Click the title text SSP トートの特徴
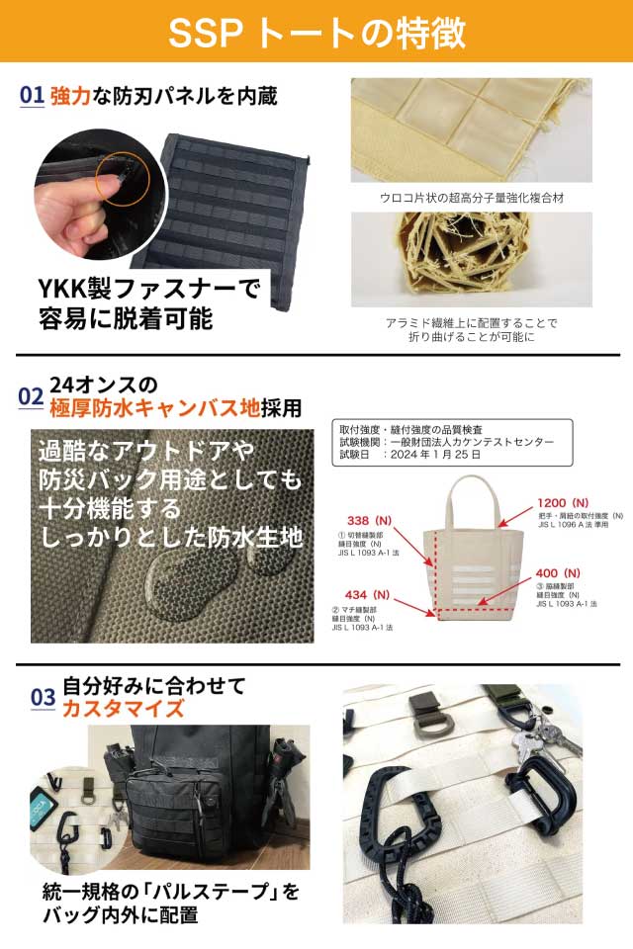pos(316,32)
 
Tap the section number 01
pos(32,96)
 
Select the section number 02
pos(31,396)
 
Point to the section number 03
pos(43,698)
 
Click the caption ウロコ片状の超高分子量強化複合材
pos(472,198)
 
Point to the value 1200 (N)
pos(564,501)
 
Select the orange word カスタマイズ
pos(123,708)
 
